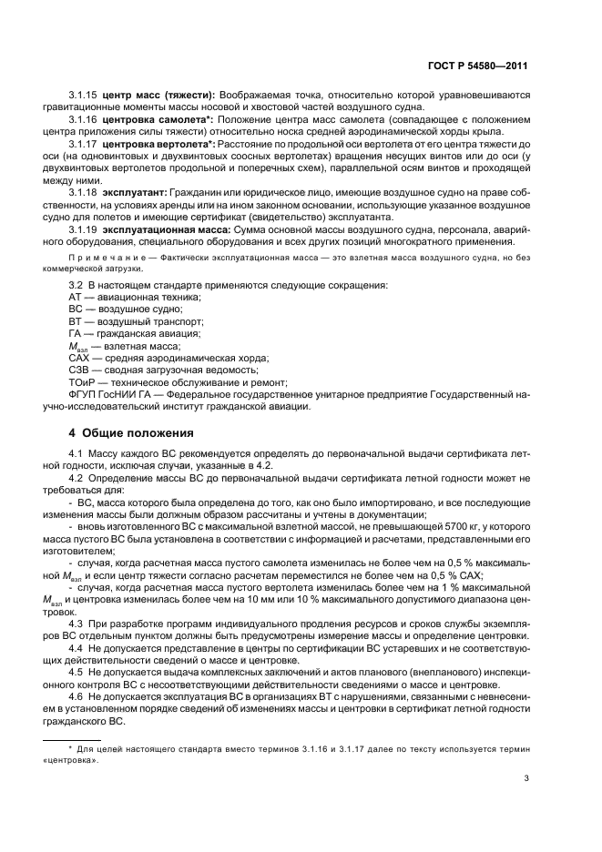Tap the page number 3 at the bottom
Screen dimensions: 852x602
(x=527, y=778)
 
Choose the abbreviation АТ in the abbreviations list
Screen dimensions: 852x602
(x=77, y=299)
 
